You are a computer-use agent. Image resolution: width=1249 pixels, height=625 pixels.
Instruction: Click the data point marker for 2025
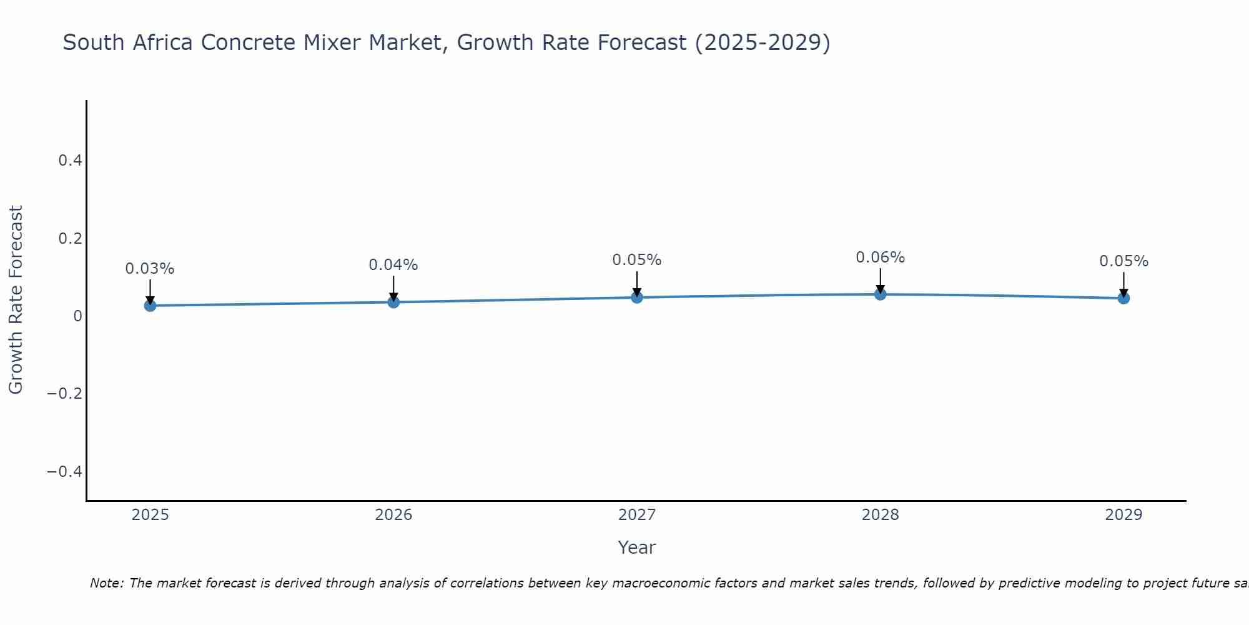click(150, 306)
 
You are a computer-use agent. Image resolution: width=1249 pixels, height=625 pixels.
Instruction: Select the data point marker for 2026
click(393, 302)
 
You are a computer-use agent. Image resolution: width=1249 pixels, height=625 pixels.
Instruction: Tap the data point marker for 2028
click(880, 294)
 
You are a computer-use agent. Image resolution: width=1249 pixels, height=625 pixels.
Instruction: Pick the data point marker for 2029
click(1123, 298)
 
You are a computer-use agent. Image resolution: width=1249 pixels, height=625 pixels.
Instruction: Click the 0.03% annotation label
click(150, 269)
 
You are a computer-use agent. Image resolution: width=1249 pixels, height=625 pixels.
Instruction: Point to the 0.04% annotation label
click(393, 265)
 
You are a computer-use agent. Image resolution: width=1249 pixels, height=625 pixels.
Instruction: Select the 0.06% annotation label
click(880, 257)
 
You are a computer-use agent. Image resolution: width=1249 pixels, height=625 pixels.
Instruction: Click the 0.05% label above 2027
click(636, 260)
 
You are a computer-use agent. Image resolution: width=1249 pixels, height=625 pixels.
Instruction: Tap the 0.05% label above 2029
click(1123, 261)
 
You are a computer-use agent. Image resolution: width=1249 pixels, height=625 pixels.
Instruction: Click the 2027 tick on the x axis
click(636, 515)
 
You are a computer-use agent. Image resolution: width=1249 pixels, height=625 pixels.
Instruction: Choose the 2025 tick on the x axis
click(150, 515)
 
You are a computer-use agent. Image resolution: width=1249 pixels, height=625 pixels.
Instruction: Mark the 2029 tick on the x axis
click(1123, 515)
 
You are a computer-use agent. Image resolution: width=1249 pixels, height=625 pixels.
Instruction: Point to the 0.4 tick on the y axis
click(70, 161)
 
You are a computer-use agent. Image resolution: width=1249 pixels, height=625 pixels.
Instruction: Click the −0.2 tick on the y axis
click(64, 393)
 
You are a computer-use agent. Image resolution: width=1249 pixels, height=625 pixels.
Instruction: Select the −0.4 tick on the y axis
click(64, 471)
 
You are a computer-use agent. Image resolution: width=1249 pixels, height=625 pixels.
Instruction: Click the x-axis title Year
click(636, 548)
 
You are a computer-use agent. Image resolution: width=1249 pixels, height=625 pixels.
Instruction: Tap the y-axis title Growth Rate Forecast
click(16, 300)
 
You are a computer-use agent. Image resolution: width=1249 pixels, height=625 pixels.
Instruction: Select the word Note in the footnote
click(106, 584)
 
